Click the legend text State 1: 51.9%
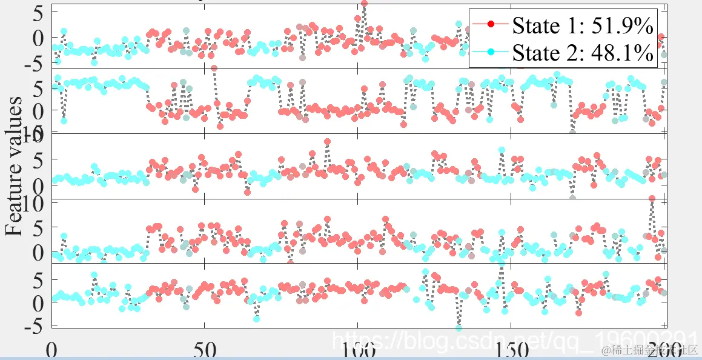(582, 25)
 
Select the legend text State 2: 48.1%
(582, 53)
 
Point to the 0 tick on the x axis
(52, 350)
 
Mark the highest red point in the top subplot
(364, 4)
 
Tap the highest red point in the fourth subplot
(652, 199)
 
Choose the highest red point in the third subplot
(327, 142)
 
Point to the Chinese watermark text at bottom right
(647, 350)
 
